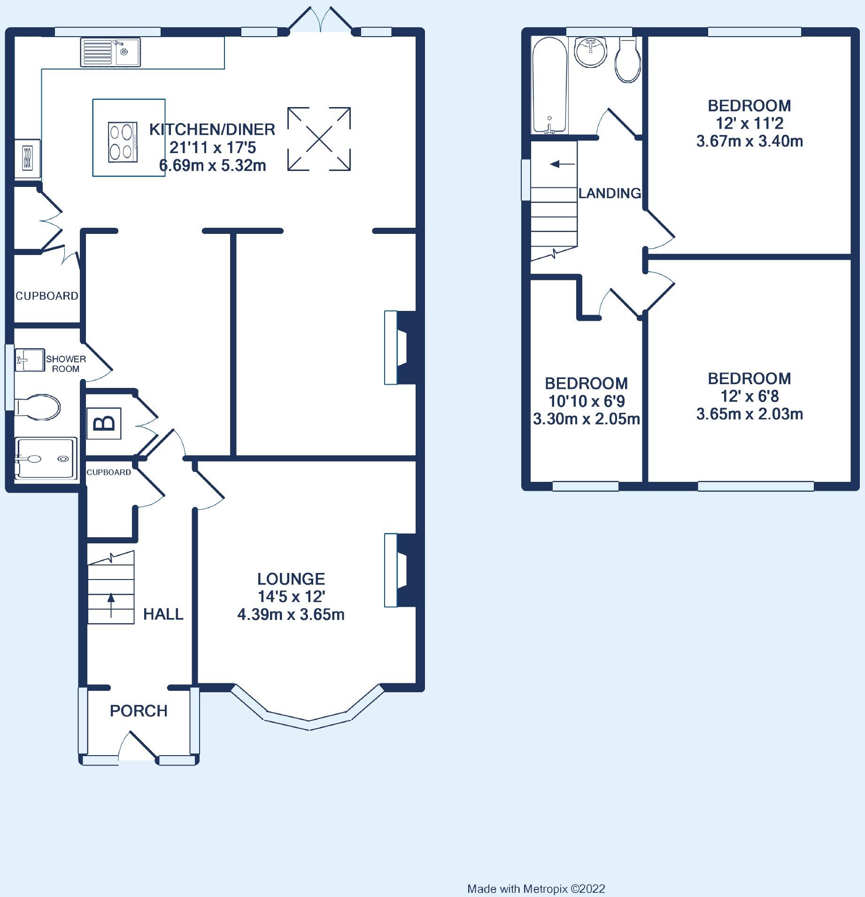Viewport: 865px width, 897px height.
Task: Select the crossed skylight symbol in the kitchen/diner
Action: [319, 139]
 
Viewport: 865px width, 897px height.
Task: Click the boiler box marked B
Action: [104, 424]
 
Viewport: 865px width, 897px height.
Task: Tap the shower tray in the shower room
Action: [46, 459]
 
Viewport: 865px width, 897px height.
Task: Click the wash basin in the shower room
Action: [30, 360]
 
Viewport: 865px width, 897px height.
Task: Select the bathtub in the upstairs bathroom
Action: [550, 85]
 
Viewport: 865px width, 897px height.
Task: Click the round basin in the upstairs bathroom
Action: [592, 52]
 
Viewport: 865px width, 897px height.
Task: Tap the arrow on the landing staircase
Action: [562, 164]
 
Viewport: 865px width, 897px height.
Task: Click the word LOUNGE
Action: [291, 579]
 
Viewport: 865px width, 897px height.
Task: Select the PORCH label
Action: [139, 711]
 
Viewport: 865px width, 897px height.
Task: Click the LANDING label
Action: [610, 193]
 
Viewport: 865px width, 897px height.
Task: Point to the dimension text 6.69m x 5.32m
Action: [213, 165]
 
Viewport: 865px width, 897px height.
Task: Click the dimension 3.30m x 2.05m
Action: [587, 418]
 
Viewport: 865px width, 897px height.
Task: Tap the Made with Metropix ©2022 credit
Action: [536, 889]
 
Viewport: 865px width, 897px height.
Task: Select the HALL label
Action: [163, 614]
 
